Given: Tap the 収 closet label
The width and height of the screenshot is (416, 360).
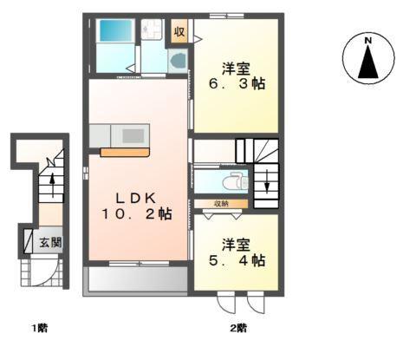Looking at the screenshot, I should click(x=179, y=32).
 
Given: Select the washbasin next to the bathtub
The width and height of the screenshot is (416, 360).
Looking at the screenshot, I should click(x=153, y=31).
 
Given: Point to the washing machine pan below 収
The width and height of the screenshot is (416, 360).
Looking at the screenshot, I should click(x=177, y=61).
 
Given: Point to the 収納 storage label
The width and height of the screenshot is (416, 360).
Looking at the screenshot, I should click(x=221, y=203).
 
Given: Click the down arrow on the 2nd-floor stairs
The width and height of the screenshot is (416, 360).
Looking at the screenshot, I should click(x=267, y=185).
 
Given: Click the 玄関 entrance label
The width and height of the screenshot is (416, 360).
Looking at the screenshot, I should click(x=49, y=243).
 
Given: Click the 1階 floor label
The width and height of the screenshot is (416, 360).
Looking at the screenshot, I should click(x=38, y=328).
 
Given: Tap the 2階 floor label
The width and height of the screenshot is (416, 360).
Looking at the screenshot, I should click(x=237, y=328).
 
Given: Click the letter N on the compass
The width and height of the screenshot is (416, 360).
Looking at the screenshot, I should click(x=367, y=40).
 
